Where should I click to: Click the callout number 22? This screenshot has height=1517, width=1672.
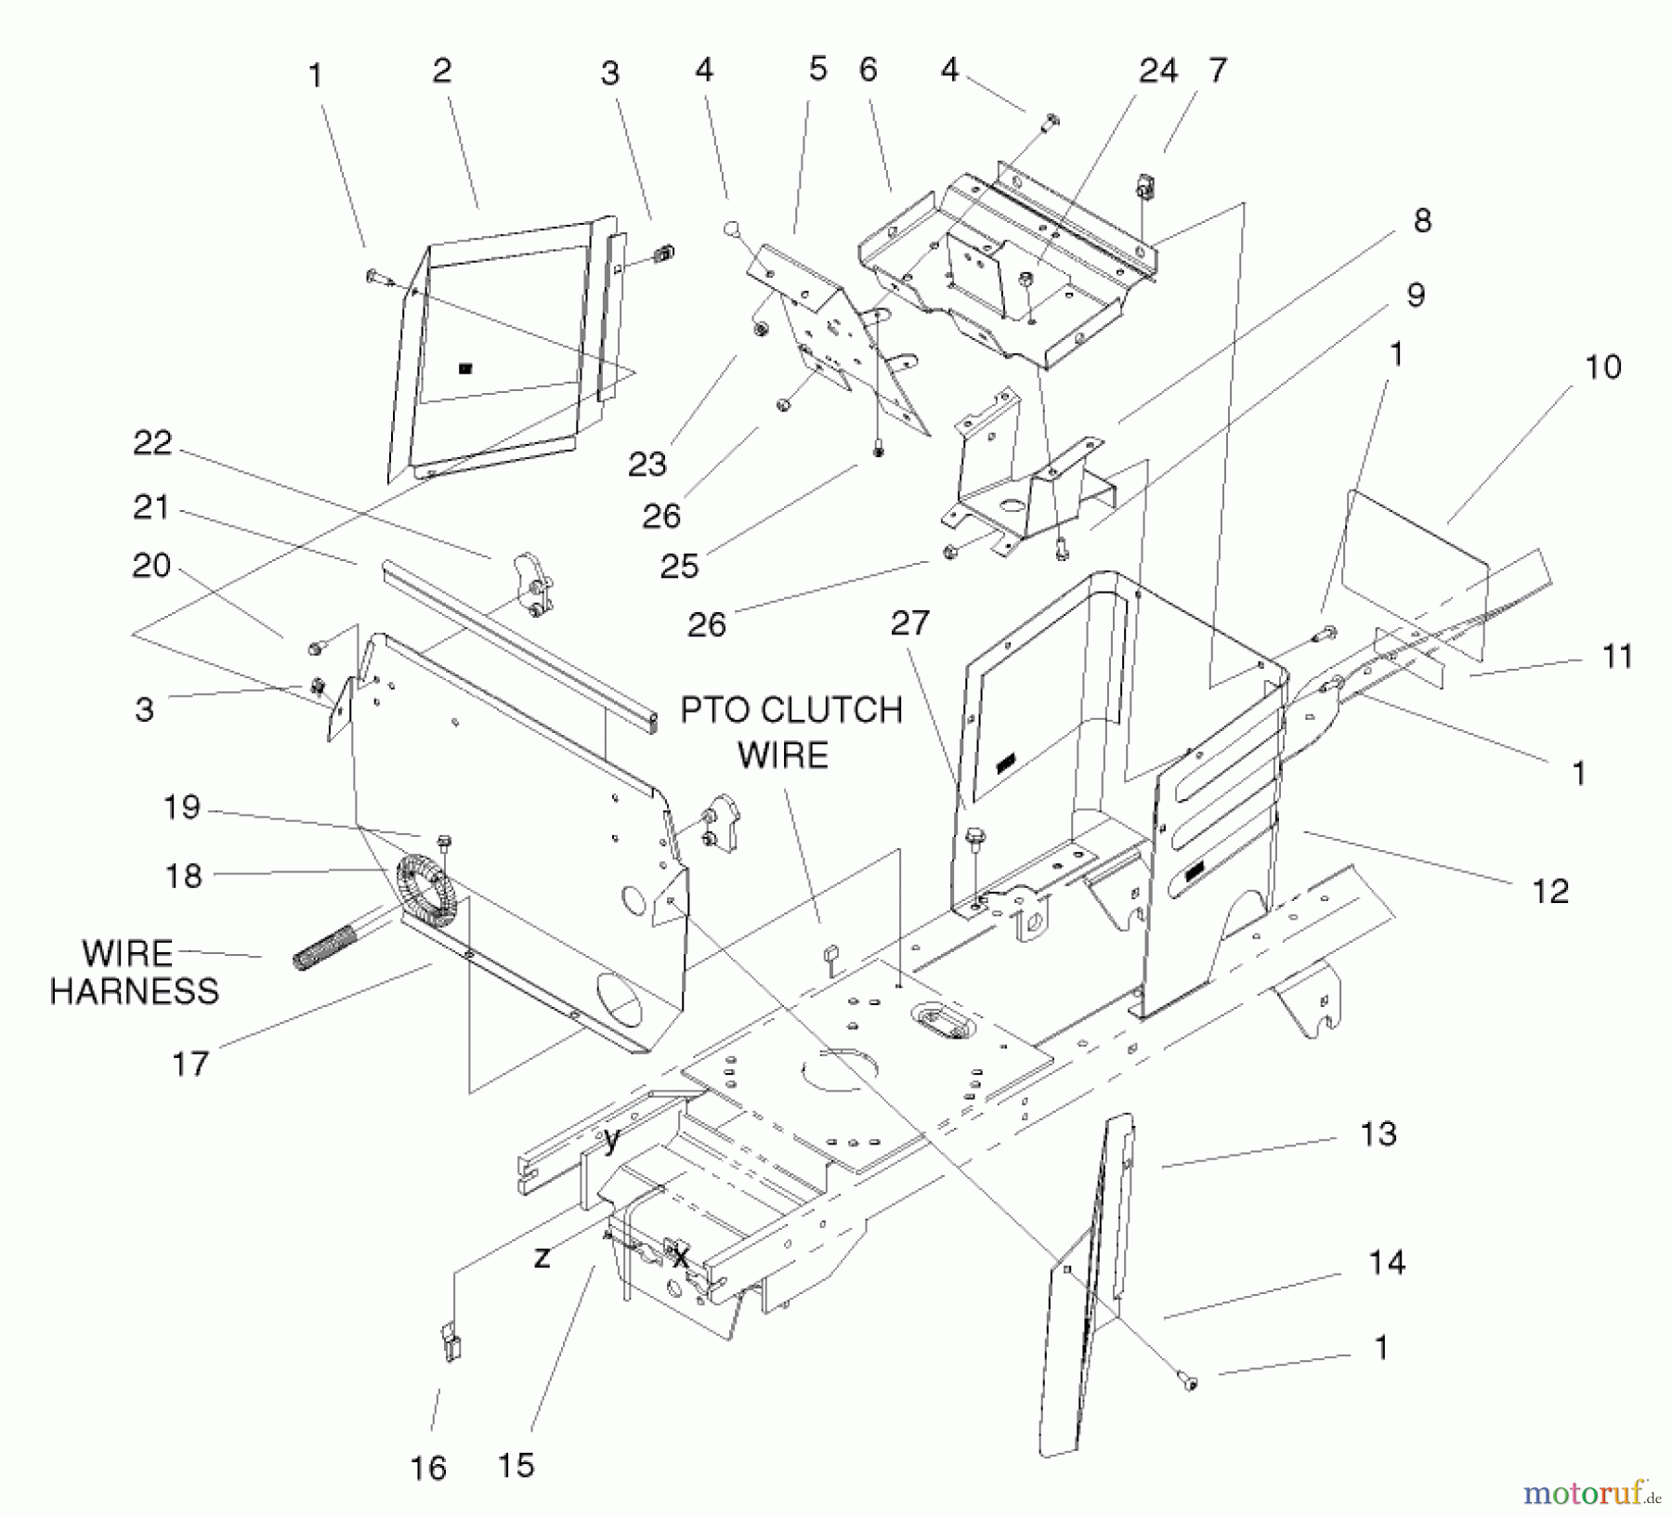click(152, 443)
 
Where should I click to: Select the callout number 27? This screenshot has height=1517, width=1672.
click(909, 622)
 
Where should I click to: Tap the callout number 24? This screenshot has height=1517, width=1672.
click(1157, 71)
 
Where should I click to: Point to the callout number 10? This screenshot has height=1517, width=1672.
click(1602, 367)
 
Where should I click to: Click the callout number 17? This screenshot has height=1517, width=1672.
click(190, 1063)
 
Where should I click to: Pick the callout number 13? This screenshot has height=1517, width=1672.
click(1378, 1134)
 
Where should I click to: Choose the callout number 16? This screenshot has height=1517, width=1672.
click(428, 1468)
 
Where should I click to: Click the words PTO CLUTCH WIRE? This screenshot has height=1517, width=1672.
click(790, 732)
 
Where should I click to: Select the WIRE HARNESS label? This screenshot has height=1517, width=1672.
click(134, 972)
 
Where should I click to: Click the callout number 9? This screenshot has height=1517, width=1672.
click(1415, 295)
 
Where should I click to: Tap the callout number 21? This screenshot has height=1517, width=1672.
click(151, 507)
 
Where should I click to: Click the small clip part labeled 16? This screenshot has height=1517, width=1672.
click(451, 1343)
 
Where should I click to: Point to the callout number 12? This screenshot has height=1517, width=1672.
click(1550, 891)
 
